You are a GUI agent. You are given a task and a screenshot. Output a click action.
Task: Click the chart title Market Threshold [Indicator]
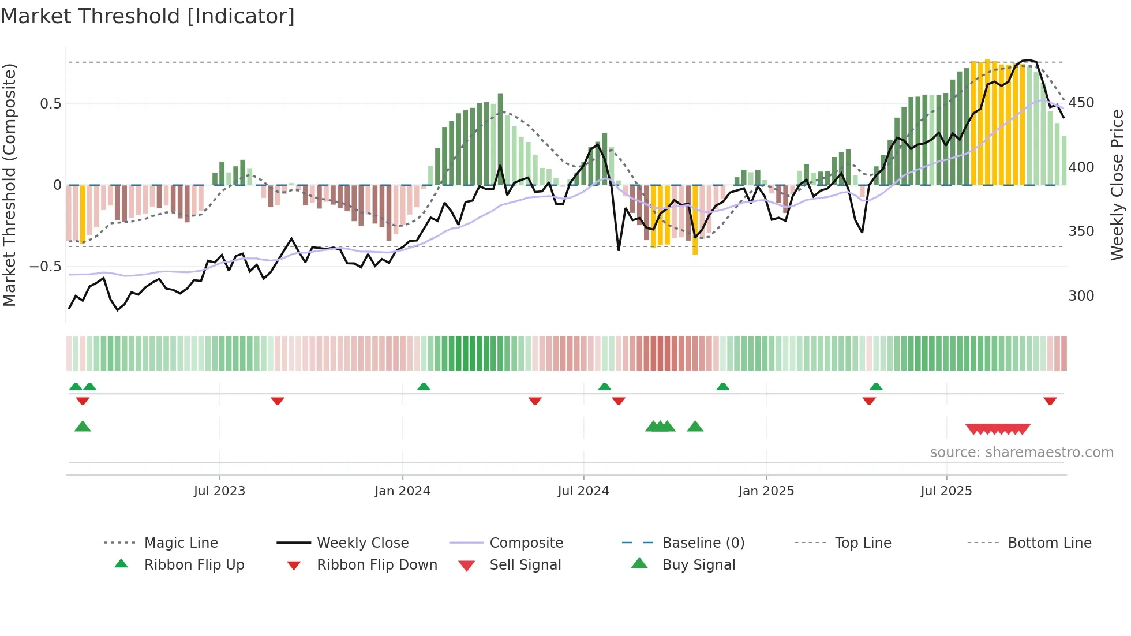tap(148, 16)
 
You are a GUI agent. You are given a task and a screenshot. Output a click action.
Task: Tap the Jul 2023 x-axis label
tap(219, 491)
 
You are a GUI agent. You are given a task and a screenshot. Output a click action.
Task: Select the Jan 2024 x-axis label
tap(402, 491)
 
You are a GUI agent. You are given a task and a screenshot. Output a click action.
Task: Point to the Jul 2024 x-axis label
tap(583, 491)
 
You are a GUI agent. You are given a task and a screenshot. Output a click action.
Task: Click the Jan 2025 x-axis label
tap(766, 491)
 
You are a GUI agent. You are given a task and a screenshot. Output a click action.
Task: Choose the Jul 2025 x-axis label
tap(946, 491)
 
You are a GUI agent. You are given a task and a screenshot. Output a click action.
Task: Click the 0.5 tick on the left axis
tap(50, 104)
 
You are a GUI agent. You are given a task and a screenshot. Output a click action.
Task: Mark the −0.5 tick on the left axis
tap(46, 267)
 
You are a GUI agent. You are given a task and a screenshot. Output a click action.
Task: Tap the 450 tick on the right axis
tap(1081, 103)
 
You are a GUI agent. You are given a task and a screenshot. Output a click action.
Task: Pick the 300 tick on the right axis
tap(1081, 296)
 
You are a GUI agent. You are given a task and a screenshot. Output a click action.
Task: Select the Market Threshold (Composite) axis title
tap(9, 185)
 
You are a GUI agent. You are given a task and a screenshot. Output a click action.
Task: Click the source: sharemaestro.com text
tap(1021, 452)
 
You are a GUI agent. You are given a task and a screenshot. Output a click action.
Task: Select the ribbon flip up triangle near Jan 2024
tap(424, 387)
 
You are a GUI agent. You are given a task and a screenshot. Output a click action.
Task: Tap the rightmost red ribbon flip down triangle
tap(1050, 401)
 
